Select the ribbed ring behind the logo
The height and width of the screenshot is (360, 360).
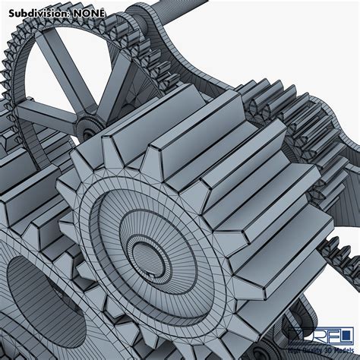click(x=304, y=319)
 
